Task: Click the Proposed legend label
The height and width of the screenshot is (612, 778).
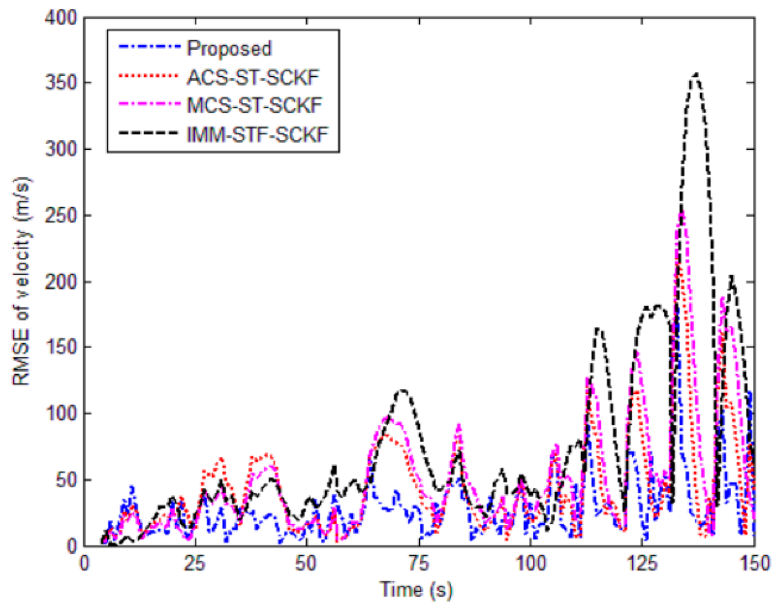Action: click(229, 49)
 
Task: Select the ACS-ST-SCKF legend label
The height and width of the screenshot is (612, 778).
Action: click(253, 77)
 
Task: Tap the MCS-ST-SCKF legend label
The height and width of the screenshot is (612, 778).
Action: click(255, 105)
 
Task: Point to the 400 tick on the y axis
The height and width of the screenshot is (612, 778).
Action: click(61, 18)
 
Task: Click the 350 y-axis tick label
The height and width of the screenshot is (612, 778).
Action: click(61, 83)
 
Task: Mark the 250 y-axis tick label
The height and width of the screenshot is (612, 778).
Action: click(61, 216)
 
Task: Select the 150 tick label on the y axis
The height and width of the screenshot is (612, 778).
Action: click(61, 347)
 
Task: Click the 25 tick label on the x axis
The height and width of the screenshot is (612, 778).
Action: click(195, 564)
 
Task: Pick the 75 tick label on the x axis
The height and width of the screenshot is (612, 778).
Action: click(419, 564)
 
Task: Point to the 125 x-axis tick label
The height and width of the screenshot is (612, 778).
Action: click(642, 564)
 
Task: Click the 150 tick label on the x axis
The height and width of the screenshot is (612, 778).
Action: click(753, 564)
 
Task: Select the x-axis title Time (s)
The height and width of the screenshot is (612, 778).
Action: click(416, 590)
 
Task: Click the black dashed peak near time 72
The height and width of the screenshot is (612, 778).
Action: click(402, 390)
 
